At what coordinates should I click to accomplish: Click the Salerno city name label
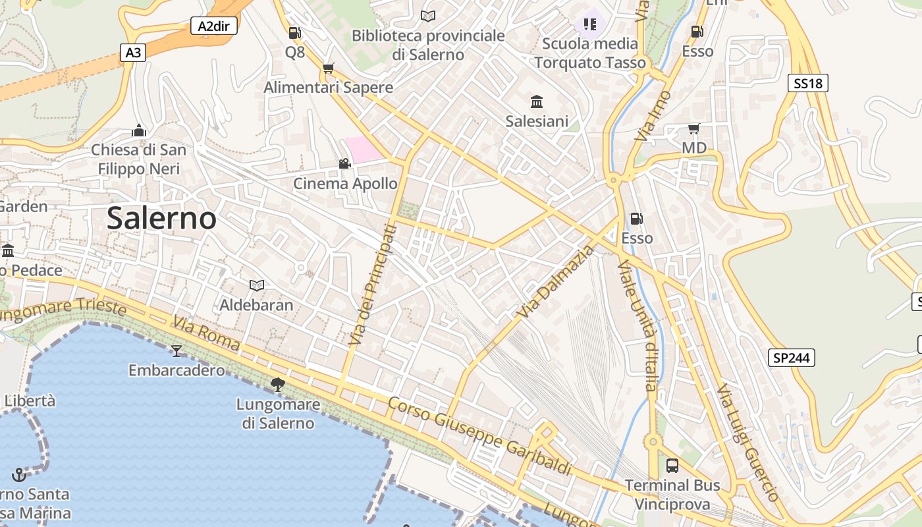(x=161, y=218)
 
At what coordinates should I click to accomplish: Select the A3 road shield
(x=133, y=53)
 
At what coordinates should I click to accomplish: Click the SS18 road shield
(x=807, y=83)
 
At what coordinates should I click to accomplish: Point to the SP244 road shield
(x=792, y=358)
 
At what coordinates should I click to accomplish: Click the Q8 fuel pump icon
(x=295, y=32)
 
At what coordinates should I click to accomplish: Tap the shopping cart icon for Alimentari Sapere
(x=329, y=68)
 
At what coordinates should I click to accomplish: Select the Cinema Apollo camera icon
(x=344, y=163)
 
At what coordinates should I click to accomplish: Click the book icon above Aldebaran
(x=257, y=285)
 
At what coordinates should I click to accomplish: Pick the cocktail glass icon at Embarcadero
(x=176, y=350)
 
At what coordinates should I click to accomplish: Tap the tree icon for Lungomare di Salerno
(x=278, y=384)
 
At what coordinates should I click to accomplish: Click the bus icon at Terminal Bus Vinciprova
(x=672, y=466)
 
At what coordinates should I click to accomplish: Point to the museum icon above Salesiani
(x=537, y=101)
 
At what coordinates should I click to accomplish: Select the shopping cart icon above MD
(x=693, y=128)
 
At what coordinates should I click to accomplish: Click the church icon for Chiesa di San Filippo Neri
(x=138, y=130)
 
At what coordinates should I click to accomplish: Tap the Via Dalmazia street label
(x=556, y=281)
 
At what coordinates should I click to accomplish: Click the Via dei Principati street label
(x=373, y=285)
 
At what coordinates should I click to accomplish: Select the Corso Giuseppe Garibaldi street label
(x=479, y=435)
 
